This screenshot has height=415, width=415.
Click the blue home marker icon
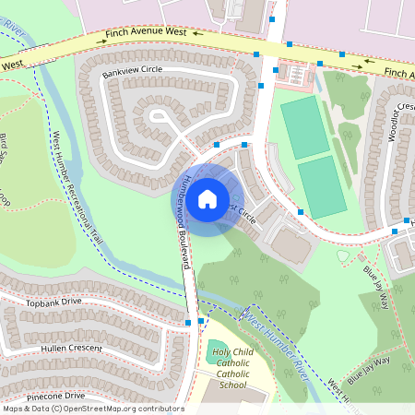pyautogui.click(x=207, y=198)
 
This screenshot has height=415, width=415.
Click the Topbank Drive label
pyautogui.click(x=54, y=302)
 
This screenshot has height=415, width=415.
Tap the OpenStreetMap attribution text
pyautogui.click(x=93, y=409)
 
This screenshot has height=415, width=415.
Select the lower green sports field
pyautogui.click(x=322, y=186)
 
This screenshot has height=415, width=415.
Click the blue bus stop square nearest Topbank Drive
pyautogui.click(x=188, y=323)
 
